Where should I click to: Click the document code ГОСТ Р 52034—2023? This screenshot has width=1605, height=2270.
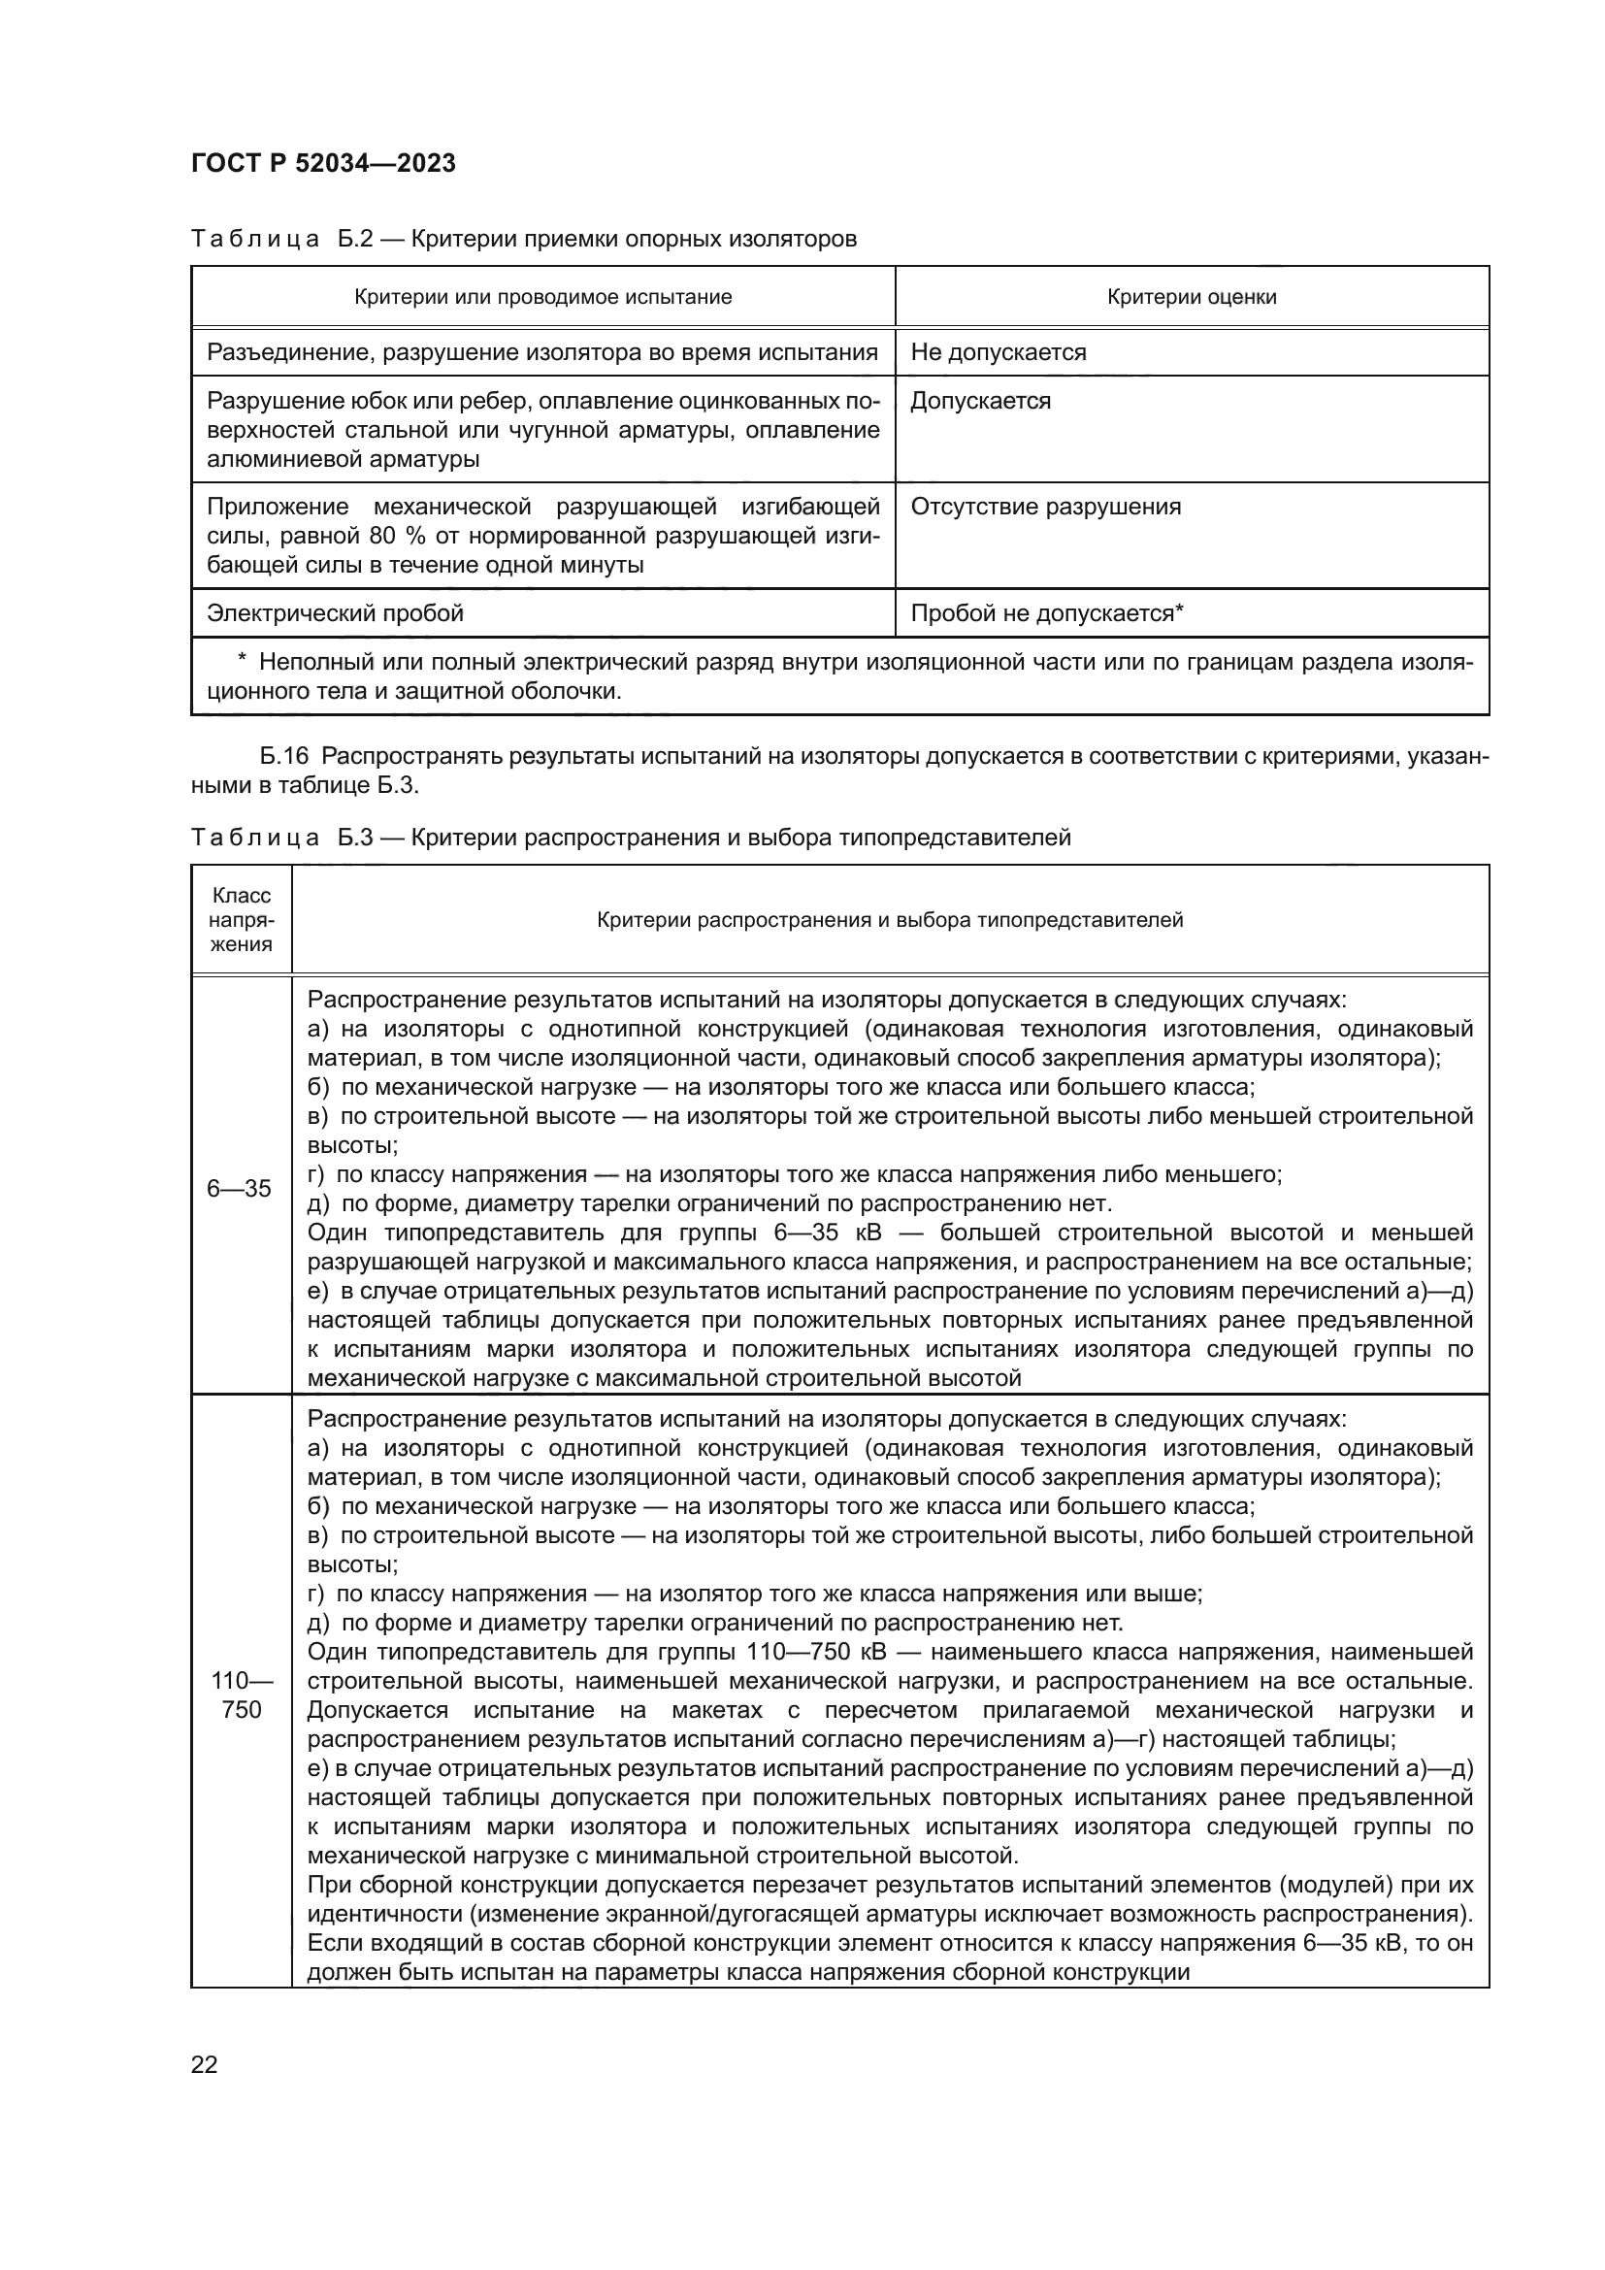[x=323, y=163]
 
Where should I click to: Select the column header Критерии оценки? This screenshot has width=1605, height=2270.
[x=1191, y=298]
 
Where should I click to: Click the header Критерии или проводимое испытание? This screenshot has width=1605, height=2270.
[x=542, y=298]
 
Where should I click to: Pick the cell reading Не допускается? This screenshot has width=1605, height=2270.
[x=999, y=353]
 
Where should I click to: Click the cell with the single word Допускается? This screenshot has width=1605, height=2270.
[x=980, y=402]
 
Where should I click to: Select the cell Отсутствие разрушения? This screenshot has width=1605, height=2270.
[x=1045, y=508]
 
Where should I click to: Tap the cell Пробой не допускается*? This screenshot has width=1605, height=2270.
[x=1047, y=614]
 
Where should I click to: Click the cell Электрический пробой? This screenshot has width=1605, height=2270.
[x=335, y=614]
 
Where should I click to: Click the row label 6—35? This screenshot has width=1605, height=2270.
[x=239, y=1189]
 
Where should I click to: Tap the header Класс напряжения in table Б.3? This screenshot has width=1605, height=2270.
[x=242, y=919]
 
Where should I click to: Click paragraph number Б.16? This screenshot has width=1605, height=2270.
[x=284, y=757]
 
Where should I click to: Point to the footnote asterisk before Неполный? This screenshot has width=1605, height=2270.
[x=243, y=662]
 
